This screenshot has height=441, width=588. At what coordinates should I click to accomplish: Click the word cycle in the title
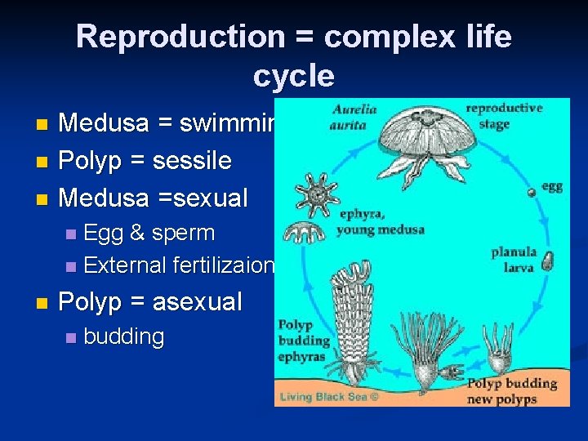pyautogui.click(x=293, y=76)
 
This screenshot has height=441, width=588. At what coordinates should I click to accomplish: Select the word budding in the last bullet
pyautogui.click(x=123, y=336)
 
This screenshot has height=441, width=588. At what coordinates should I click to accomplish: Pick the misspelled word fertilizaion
pyautogui.click(x=224, y=265)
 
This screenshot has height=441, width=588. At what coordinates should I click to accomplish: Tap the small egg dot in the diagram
pyautogui.click(x=531, y=191)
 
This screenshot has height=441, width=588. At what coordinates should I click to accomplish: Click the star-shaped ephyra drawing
pyautogui.click(x=317, y=194)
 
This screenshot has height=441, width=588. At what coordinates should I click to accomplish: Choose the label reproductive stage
pyautogui.click(x=503, y=116)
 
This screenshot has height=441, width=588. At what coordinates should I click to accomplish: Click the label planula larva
pyautogui.click(x=513, y=260)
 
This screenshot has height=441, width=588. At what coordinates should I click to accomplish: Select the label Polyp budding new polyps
pyautogui.click(x=513, y=390)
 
